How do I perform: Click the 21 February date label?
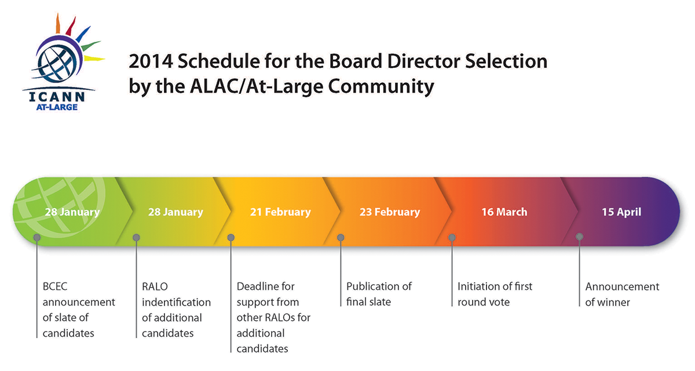(x=280, y=212)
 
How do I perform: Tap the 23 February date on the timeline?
(x=390, y=212)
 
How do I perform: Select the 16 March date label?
(x=504, y=212)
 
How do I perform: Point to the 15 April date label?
(x=621, y=212)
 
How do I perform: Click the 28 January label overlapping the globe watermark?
(x=72, y=212)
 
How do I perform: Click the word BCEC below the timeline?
(x=55, y=286)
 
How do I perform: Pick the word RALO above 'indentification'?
(x=155, y=286)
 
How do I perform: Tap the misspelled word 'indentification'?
(x=176, y=302)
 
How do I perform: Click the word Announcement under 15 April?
(x=622, y=286)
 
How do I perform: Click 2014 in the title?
(x=151, y=61)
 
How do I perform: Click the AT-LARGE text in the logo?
(x=57, y=107)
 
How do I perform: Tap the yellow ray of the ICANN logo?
(x=94, y=59)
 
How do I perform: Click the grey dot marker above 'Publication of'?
(x=341, y=238)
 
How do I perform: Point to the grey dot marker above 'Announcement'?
(x=579, y=237)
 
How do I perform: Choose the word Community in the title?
(x=381, y=86)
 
